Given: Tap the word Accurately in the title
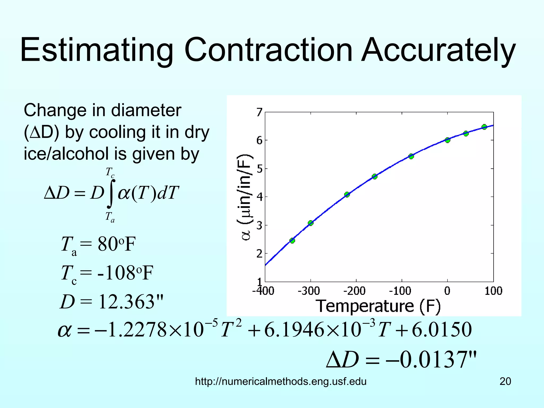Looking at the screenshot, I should pos(439,50).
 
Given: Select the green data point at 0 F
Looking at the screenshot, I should pos(448,140).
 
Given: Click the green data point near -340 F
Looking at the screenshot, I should pos(292,241).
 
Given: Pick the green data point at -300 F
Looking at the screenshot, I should pos(311,223).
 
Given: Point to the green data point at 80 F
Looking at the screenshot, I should pos(484,127).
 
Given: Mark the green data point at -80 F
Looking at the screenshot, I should pos(411,156).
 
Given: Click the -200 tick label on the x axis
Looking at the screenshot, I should pos(354,291).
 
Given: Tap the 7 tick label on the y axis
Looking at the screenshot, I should pos(260,112).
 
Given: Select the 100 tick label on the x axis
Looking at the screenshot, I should pos(493,291).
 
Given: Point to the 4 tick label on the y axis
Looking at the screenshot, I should pos(260,197).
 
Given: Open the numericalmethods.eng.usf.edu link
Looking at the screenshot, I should pos(281,381).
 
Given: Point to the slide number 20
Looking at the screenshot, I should pos(505,381).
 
